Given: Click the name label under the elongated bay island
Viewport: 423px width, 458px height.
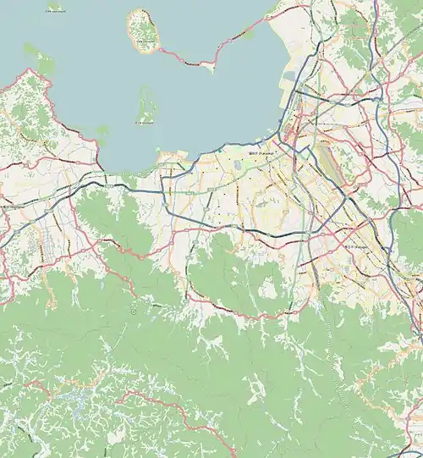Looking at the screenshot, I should pos(146,124).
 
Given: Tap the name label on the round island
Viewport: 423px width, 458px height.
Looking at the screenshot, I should pos(144,41).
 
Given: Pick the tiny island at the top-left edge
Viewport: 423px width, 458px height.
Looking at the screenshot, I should pos(55,6).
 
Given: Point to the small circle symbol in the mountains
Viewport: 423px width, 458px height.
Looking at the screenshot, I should pos(134,312).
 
